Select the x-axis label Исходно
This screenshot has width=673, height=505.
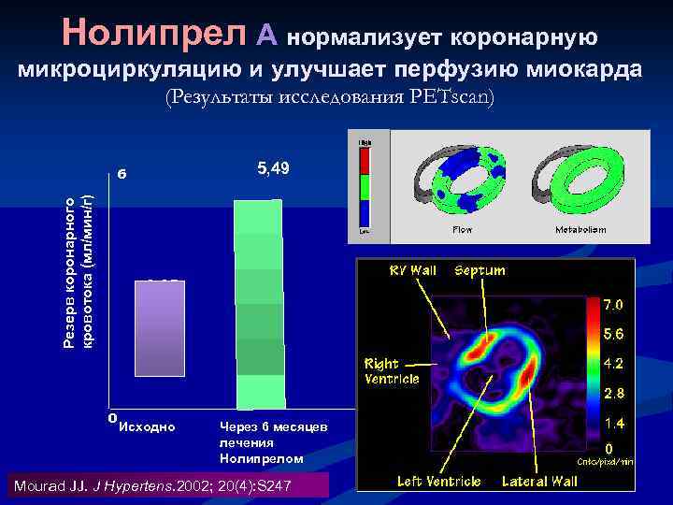click(148, 427)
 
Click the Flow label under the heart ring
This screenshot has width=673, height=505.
click(462, 228)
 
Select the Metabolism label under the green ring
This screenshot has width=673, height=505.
click(580, 228)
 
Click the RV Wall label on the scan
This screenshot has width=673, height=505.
click(412, 271)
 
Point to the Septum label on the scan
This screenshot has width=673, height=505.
click(480, 271)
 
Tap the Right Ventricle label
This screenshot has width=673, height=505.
click(394, 371)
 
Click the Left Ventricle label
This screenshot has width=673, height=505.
click(438, 481)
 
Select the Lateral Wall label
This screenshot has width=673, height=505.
click(539, 481)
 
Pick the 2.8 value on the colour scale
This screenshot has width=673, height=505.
click(613, 392)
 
